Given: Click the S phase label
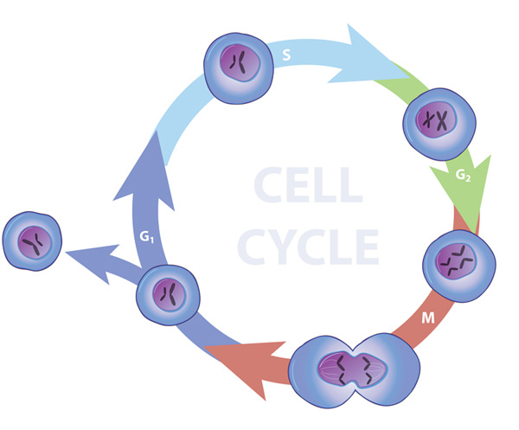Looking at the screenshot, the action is point(286,55).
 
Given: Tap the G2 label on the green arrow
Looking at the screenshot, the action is point(463,175).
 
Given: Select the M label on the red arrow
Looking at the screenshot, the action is point(428,318).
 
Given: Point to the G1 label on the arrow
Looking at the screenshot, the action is point(147,237).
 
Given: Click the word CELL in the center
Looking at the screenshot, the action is point(308,184).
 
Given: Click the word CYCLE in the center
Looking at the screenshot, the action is point(308,247).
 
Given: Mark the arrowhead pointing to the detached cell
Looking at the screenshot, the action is point(93,261).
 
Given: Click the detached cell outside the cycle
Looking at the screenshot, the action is point(32,241).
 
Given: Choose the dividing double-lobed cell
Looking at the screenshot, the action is point(354,370).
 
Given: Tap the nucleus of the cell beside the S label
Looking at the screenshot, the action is point(240,63).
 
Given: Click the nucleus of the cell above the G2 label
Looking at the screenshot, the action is point(436,120).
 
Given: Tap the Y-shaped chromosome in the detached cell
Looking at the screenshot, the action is point(35,242).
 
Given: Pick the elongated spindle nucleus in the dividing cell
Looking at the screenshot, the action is point(353,369).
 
